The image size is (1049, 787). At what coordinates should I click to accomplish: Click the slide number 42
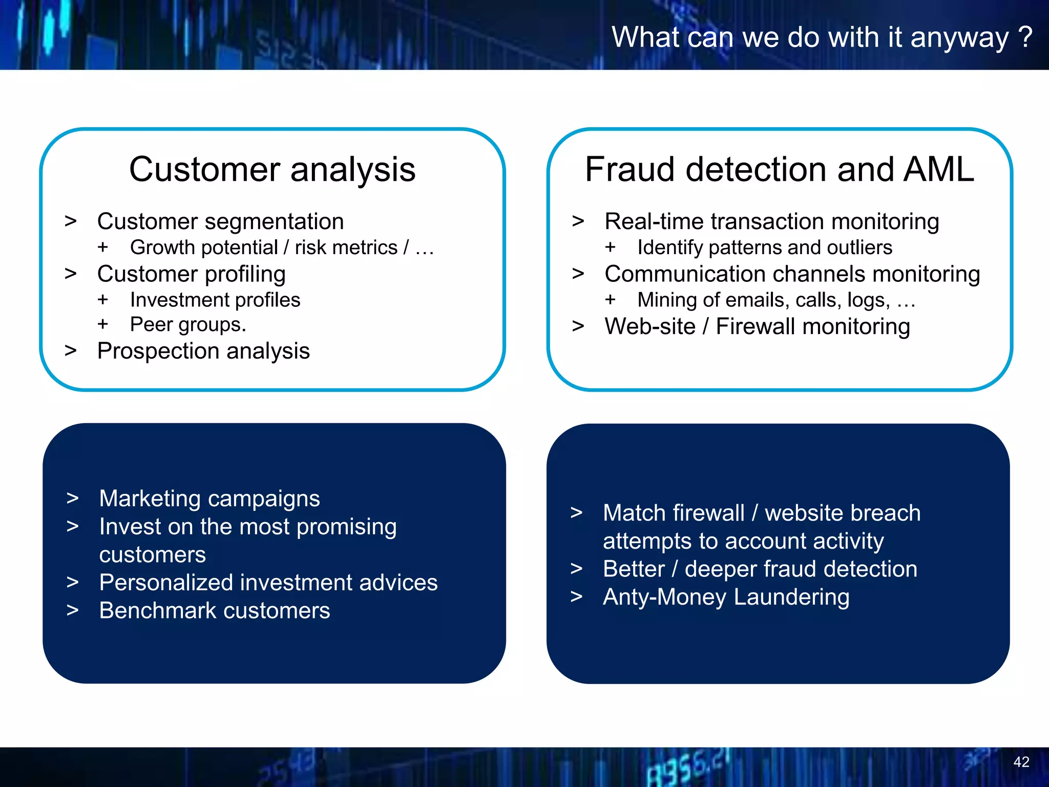click(x=1021, y=762)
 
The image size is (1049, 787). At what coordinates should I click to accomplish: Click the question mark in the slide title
click(x=1025, y=37)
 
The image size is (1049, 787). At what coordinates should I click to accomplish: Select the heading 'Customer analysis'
click(x=272, y=170)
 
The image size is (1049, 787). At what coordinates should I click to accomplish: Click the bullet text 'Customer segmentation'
click(x=220, y=222)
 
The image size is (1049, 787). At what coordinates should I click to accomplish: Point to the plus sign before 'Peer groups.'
click(x=103, y=324)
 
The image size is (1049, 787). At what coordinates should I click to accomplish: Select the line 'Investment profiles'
click(x=215, y=300)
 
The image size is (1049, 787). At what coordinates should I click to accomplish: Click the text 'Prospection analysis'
click(x=203, y=351)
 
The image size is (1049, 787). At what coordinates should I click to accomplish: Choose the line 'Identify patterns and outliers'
click(x=764, y=248)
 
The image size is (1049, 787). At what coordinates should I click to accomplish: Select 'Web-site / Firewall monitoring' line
click(x=757, y=327)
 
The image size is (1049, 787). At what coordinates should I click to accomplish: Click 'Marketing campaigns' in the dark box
click(x=209, y=499)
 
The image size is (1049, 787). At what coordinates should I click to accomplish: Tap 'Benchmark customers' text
click(x=215, y=611)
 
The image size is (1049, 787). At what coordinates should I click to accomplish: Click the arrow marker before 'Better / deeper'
click(x=577, y=569)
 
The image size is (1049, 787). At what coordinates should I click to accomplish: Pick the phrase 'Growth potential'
click(x=203, y=248)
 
